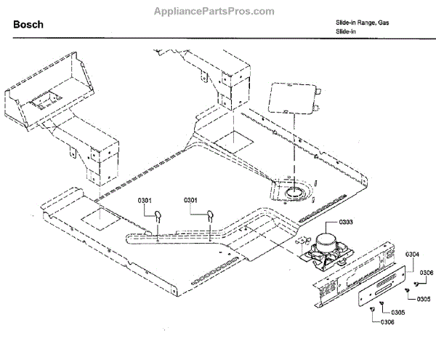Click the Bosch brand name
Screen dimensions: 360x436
pyautogui.click(x=28, y=25)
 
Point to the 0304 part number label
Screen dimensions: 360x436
pyautogui.click(x=411, y=254)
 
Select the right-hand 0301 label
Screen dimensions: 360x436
pyautogui.click(x=191, y=200)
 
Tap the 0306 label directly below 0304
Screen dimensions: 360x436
pyautogui.click(x=427, y=272)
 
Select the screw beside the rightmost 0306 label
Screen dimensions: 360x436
pyautogui.click(x=415, y=284)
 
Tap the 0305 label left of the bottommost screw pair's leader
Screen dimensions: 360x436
pyautogui.click(x=397, y=312)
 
